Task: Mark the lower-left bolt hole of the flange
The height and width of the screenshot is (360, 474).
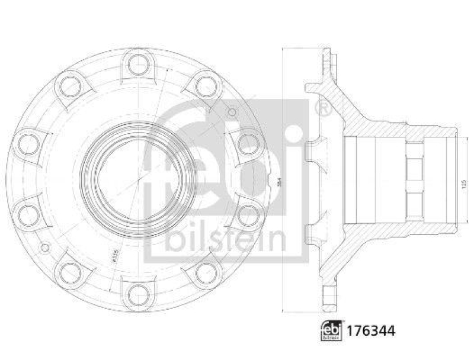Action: coord(70,272)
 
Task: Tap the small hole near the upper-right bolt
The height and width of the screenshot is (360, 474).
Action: coord(232,111)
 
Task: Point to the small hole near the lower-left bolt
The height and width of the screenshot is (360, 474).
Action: coord(43,245)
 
